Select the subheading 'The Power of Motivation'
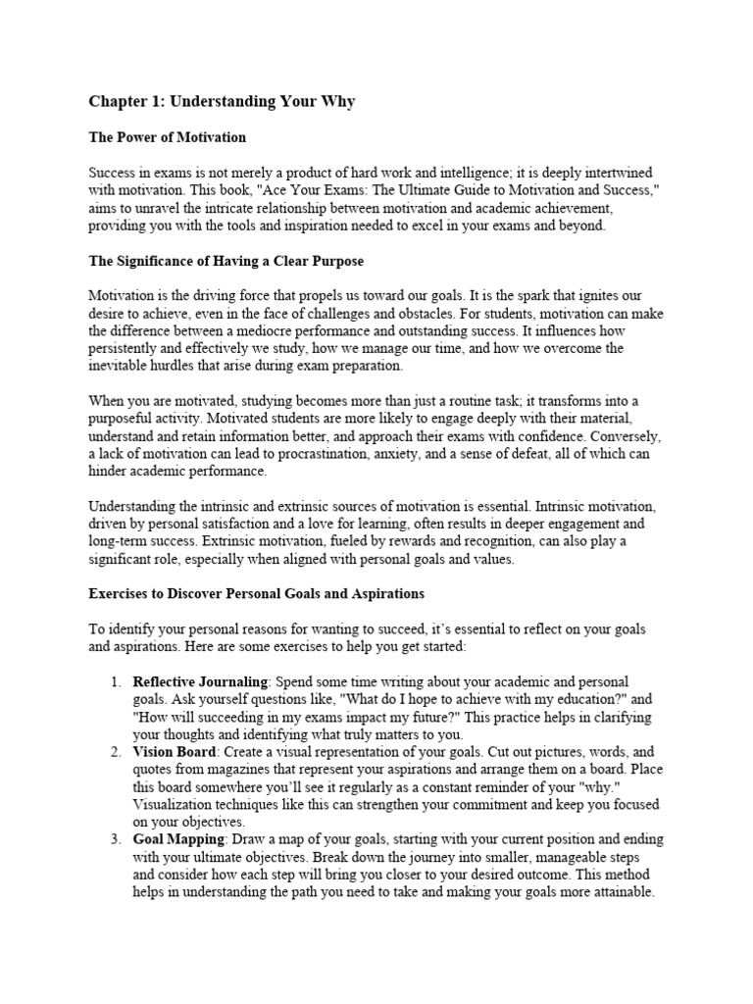(x=167, y=137)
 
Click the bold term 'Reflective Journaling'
(x=200, y=681)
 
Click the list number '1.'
(x=115, y=681)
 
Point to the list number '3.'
(x=115, y=840)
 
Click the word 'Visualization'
(x=176, y=805)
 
